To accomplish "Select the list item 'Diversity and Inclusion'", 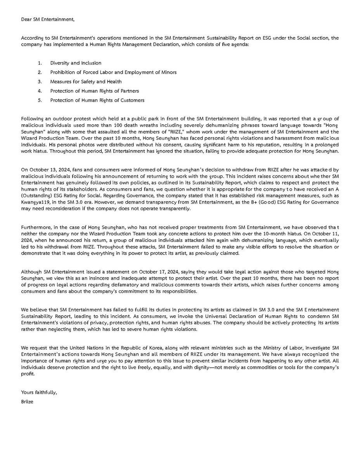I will (76, 63).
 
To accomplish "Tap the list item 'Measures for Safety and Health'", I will (86, 82).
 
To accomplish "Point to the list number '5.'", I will (40, 100).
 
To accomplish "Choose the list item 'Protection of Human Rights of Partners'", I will (94, 91).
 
